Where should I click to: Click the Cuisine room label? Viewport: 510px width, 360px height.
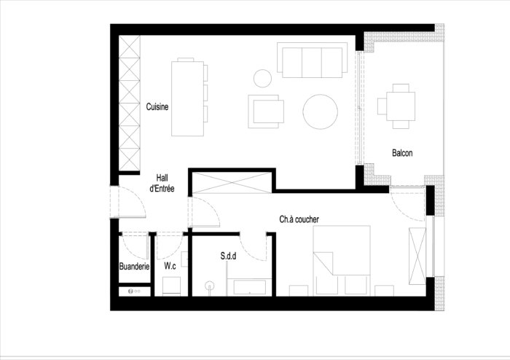157,106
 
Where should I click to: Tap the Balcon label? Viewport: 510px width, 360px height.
402,153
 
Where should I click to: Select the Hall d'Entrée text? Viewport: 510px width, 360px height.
162,183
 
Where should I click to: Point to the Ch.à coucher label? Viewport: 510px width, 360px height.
299,219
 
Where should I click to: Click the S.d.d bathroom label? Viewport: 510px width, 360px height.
228,257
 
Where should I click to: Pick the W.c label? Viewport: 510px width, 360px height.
170,266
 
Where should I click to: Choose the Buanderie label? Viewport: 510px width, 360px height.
134,266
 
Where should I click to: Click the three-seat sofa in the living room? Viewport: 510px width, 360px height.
313,60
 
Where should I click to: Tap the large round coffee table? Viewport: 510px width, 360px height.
320,111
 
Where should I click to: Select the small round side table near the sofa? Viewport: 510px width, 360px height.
262,79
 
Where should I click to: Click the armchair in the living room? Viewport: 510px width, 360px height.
266,111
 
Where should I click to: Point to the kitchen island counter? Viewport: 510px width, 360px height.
188,98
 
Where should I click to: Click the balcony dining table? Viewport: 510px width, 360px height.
401,106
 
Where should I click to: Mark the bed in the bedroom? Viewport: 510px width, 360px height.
342,260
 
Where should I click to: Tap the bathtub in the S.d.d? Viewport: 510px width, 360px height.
249,287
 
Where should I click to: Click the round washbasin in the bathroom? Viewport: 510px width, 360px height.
210,286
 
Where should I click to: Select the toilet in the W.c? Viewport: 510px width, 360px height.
171,286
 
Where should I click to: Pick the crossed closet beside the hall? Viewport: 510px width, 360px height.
232,183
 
